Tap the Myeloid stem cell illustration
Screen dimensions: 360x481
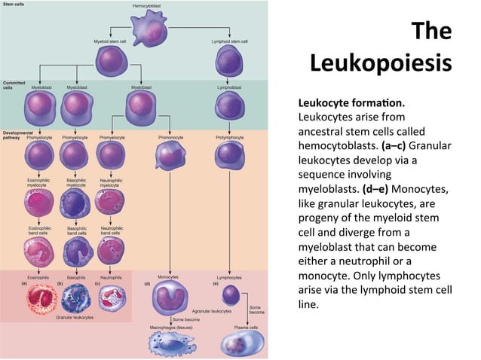point(111,60)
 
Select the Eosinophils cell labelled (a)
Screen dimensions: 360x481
point(40,298)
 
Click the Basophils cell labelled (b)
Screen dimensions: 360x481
point(76,298)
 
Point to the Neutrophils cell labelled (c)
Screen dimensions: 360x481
point(112,298)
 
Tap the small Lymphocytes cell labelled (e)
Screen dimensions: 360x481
point(231,294)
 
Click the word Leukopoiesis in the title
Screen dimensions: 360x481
point(381,62)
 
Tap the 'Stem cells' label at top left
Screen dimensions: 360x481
point(16,5)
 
